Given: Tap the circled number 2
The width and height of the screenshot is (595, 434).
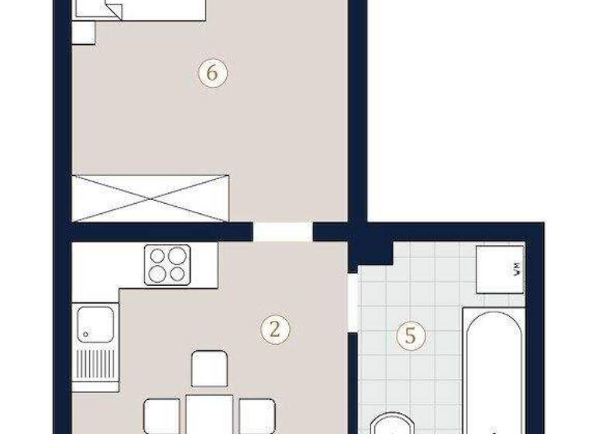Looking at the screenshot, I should pos(274,329).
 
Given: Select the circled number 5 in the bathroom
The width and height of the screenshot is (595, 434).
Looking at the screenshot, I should pos(411,336).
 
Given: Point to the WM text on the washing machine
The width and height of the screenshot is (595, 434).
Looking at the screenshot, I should pos(515,270).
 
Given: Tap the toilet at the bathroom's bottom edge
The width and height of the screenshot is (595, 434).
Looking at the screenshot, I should pos(394,424).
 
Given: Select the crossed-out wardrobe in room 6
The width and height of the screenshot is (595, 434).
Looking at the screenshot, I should pos(151,197).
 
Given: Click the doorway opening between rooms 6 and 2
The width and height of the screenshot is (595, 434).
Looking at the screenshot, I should pos(283,232).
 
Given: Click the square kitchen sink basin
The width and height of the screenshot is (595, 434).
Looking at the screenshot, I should pos(95,324).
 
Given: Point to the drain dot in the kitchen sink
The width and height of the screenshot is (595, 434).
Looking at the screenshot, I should pos(84,335).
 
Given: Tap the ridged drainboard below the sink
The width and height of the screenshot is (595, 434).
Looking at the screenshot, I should pos(95,363).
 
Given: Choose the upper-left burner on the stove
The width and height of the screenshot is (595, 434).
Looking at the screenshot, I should pos(159,256).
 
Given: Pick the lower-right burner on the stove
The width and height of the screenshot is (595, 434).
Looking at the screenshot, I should pos(177,274).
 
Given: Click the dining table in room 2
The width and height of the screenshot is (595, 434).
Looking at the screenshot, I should pos(209,415).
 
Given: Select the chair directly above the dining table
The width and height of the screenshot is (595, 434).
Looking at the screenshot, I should pos(209,367).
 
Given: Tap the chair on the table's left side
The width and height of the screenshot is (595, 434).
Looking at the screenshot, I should pos(161,415).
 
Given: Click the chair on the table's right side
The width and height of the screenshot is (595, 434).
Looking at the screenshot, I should pos(256,415).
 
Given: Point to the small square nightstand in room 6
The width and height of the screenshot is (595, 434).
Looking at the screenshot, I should pos(83,32).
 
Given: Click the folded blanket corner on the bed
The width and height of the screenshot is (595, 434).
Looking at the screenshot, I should pos(112,11).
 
